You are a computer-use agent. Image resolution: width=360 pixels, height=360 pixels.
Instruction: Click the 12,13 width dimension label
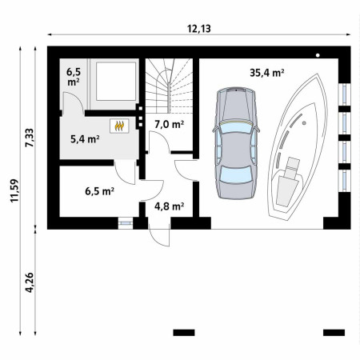199,29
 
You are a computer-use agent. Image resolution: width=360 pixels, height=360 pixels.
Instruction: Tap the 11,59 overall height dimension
14,190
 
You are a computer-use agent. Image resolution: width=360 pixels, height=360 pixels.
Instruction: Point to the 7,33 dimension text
30,138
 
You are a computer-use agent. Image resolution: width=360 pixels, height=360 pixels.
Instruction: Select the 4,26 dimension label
30,282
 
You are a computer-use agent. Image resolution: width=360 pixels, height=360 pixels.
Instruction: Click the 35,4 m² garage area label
266,73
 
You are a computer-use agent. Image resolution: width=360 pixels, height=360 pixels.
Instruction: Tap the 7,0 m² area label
169,124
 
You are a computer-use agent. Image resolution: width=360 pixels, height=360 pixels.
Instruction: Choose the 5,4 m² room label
85,139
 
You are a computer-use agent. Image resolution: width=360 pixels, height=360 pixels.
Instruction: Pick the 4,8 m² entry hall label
169,206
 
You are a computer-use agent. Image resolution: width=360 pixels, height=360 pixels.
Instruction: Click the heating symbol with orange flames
119,126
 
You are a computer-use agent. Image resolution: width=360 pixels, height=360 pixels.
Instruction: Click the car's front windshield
236,127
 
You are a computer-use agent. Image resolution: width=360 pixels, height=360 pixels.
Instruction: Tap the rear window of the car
236,174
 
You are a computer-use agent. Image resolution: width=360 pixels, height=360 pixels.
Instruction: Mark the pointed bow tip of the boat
318,74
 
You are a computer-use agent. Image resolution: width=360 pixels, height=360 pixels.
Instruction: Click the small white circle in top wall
318,55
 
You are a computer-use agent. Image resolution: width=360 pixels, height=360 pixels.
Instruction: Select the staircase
169,86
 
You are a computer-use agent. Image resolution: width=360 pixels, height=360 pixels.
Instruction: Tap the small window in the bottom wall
126,223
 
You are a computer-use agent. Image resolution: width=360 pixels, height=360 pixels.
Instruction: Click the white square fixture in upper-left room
116,82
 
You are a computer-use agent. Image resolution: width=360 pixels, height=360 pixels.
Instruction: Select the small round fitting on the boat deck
304,123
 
